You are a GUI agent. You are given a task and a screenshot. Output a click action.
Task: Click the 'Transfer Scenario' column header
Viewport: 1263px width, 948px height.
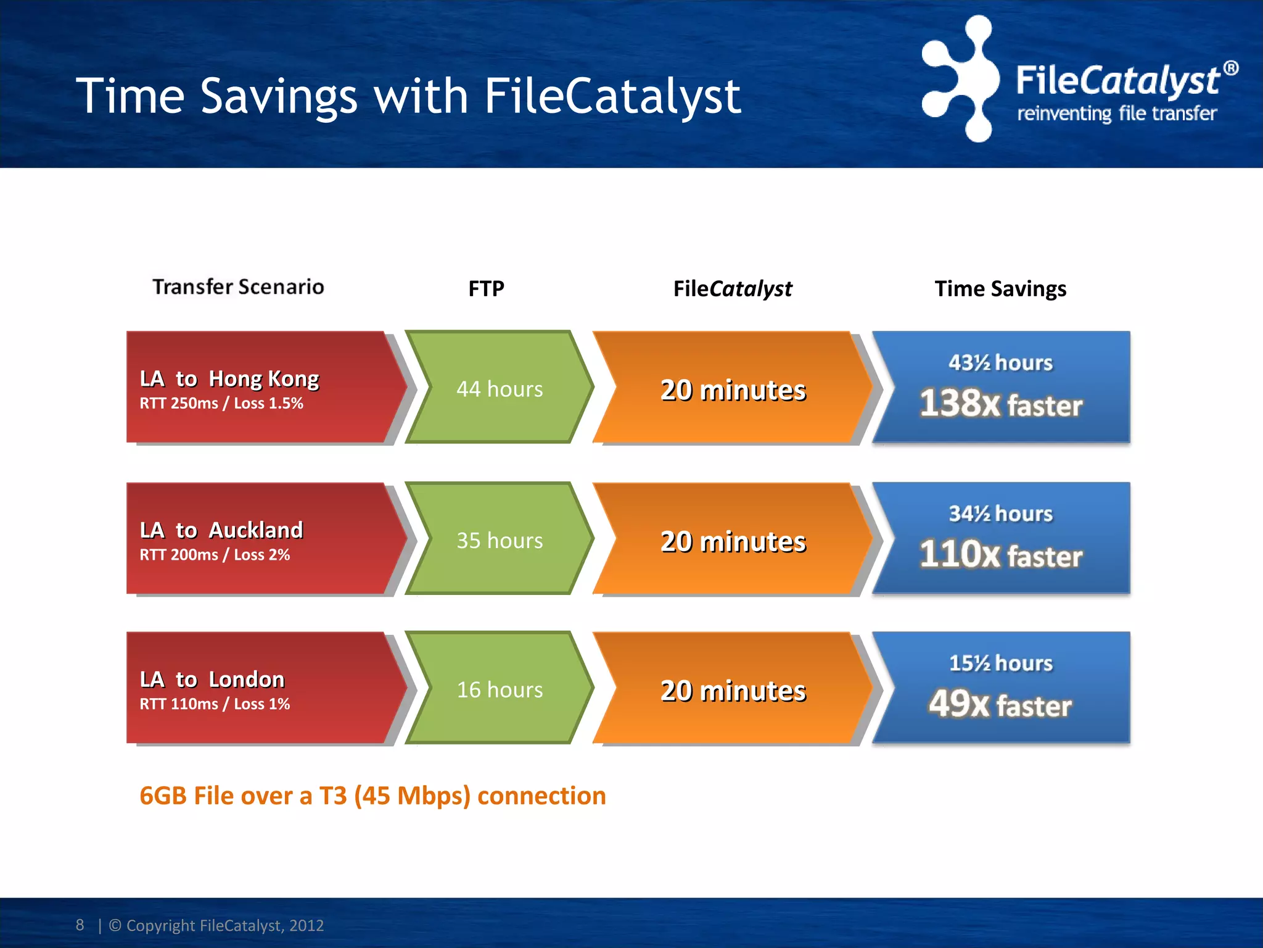point(238,287)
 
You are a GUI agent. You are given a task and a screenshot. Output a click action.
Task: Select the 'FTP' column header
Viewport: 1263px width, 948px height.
point(486,289)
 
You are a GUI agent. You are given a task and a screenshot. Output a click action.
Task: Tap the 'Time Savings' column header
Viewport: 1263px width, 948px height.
point(1000,289)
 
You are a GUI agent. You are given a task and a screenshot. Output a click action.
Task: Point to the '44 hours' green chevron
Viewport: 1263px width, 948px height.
point(500,389)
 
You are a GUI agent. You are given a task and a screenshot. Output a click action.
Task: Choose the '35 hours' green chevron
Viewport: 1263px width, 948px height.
point(500,540)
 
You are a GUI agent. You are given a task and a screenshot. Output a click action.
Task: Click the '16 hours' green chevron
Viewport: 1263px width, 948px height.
point(500,689)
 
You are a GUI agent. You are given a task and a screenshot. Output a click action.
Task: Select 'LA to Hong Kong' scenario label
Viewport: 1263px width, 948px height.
point(229,378)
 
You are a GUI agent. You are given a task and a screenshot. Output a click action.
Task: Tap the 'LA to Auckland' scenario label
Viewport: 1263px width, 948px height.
point(221,530)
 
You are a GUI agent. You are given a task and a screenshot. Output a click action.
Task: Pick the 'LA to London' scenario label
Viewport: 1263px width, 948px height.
point(212,680)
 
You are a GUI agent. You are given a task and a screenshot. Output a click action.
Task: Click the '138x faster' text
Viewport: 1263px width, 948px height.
point(1000,404)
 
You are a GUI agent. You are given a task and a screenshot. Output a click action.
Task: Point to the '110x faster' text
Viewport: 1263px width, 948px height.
point(1000,555)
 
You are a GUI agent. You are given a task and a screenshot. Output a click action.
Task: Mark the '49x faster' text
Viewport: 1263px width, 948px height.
point(1000,704)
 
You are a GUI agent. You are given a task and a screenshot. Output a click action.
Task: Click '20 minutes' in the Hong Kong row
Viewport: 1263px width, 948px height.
point(733,390)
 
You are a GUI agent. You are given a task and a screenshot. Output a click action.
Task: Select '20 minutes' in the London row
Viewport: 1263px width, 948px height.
point(733,691)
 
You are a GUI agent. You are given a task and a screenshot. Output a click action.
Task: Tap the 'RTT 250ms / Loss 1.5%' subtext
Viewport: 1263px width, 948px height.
point(221,404)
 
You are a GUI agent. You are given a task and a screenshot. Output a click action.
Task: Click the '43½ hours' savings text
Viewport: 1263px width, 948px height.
point(1000,363)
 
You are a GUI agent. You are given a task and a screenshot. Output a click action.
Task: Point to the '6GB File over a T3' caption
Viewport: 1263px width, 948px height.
point(372,796)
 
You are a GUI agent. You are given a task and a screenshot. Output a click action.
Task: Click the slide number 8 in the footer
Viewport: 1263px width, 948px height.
point(80,925)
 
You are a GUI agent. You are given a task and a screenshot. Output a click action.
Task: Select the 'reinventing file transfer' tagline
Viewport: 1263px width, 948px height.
point(1116,114)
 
